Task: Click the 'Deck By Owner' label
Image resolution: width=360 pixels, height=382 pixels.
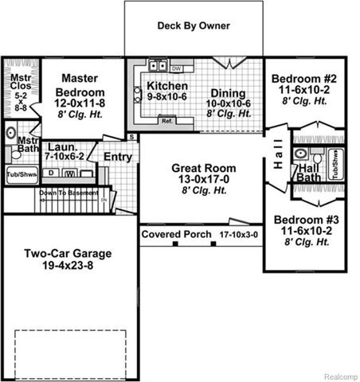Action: point(194,25)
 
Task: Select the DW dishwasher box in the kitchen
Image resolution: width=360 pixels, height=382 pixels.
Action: point(177,69)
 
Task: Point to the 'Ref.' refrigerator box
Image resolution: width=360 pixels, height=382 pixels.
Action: point(167,120)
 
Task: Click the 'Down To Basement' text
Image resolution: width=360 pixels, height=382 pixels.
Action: point(60,192)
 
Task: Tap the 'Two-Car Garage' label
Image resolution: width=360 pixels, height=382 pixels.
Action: point(67,254)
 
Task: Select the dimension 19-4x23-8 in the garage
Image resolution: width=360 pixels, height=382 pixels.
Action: point(67,267)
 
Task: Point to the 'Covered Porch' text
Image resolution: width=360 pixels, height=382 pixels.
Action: point(177,235)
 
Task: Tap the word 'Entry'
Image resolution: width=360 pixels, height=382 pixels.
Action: point(118,157)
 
